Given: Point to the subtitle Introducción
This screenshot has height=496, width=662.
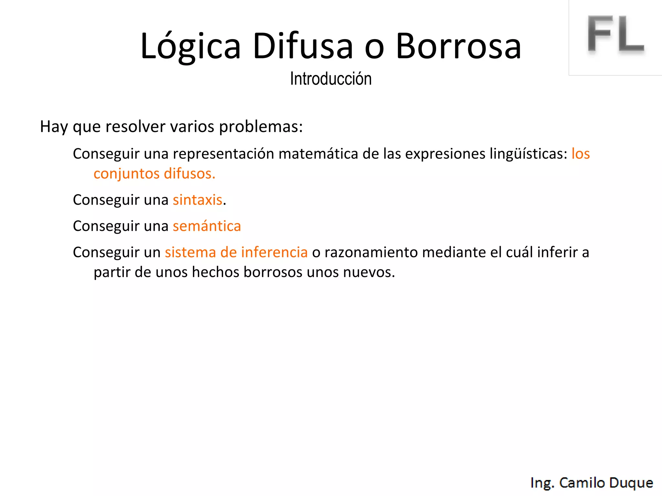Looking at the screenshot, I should (331, 79).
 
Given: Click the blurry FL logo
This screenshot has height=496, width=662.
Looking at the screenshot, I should (615, 34).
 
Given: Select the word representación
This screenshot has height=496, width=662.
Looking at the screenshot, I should (223, 154).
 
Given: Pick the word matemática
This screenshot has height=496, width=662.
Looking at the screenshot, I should (318, 154).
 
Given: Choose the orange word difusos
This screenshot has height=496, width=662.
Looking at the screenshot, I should (189, 174).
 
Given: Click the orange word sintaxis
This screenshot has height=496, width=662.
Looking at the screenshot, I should (198, 200).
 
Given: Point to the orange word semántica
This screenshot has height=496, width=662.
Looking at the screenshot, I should (207, 226).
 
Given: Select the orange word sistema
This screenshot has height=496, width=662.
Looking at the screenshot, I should (190, 252).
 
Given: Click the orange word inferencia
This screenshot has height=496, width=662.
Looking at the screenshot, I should (274, 252).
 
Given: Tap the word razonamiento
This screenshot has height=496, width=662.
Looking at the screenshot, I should (371, 252).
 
